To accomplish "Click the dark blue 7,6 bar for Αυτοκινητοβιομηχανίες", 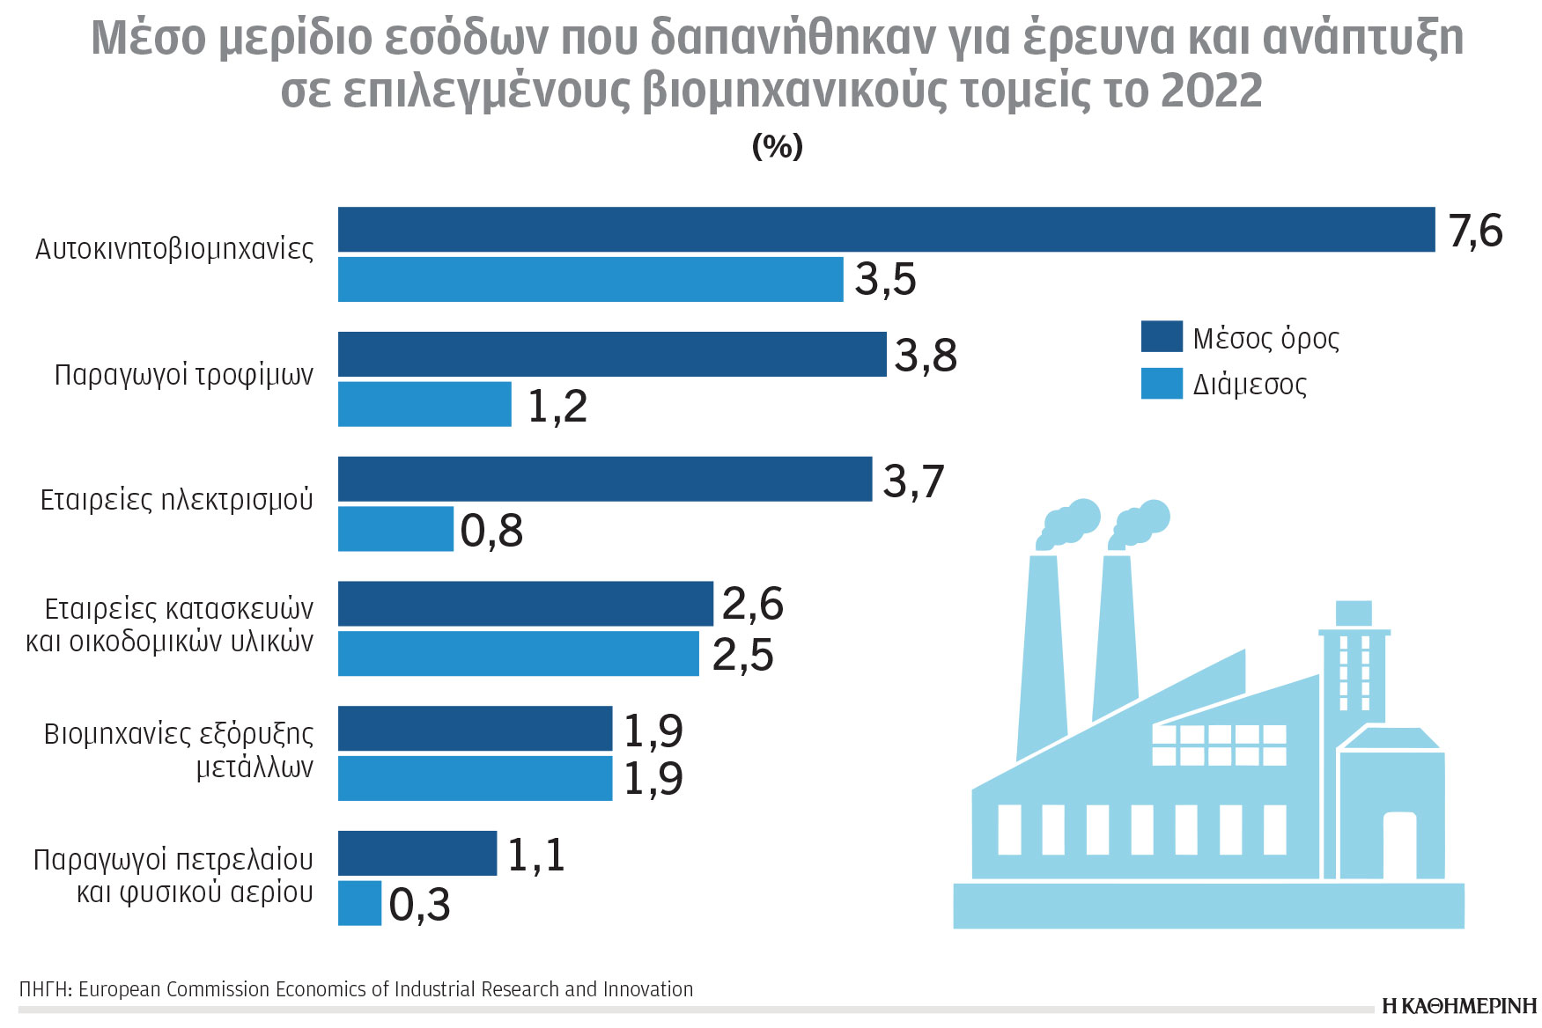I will [885, 230].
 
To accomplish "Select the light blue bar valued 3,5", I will [590, 280].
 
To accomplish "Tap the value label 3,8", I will [926, 356].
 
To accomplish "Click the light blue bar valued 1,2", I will [424, 404].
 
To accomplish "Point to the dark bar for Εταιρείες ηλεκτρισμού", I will [604, 479].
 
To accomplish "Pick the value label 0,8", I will [491, 532].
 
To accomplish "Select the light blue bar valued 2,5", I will [518, 654].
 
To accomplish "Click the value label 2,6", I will [752, 605].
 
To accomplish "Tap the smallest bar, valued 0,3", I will [359, 903].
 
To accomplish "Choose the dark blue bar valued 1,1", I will [417, 853].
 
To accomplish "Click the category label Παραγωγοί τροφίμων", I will [183, 375].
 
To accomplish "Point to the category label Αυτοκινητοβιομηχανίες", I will [173, 250].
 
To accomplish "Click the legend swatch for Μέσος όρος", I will [1161, 337].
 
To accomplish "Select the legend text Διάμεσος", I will [1249, 385].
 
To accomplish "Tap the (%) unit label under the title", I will [777, 146].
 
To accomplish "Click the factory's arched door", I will [1398, 845].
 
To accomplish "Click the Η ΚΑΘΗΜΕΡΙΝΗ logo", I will [1458, 1006].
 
